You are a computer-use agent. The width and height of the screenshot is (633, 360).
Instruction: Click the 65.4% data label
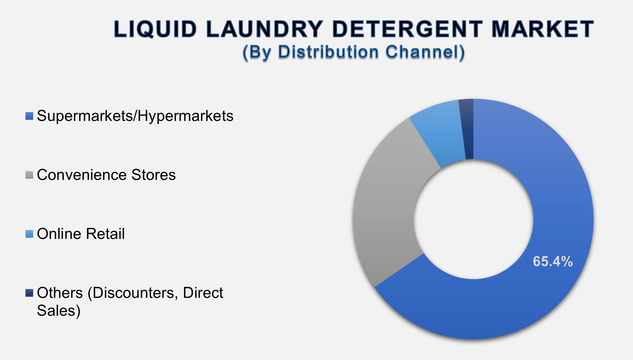pyautogui.click(x=553, y=262)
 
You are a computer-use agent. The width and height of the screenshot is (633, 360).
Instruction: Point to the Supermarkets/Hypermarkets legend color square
pyautogui.click(x=29, y=116)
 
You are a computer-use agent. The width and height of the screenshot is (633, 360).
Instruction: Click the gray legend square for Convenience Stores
pyautogui.click(x=29, y=175)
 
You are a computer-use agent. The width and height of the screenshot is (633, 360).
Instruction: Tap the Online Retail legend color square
pyautogui.click(x=29, y=234)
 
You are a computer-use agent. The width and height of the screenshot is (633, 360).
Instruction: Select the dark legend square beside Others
pyautogui.click(x=29, y=293)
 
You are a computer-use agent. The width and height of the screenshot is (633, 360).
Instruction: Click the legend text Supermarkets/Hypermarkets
pyautogui.click(x=135, y=116)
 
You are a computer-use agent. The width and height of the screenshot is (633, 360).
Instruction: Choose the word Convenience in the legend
pyautogui.click(x=82, y=175)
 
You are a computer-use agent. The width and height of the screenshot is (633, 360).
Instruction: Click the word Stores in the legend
pyautogui.click(x=153, y=175)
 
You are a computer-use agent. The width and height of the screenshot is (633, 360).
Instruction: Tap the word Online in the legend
pyautogui.click(x=60, y=234)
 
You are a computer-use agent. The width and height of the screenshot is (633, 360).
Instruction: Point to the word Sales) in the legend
pyautogui.click(x=59, y=311)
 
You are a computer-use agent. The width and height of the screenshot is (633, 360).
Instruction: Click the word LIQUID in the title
pyautogui.click(x=155, y=29)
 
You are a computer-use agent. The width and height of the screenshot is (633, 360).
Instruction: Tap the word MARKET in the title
pyautogui.click(x=542, y=29)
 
